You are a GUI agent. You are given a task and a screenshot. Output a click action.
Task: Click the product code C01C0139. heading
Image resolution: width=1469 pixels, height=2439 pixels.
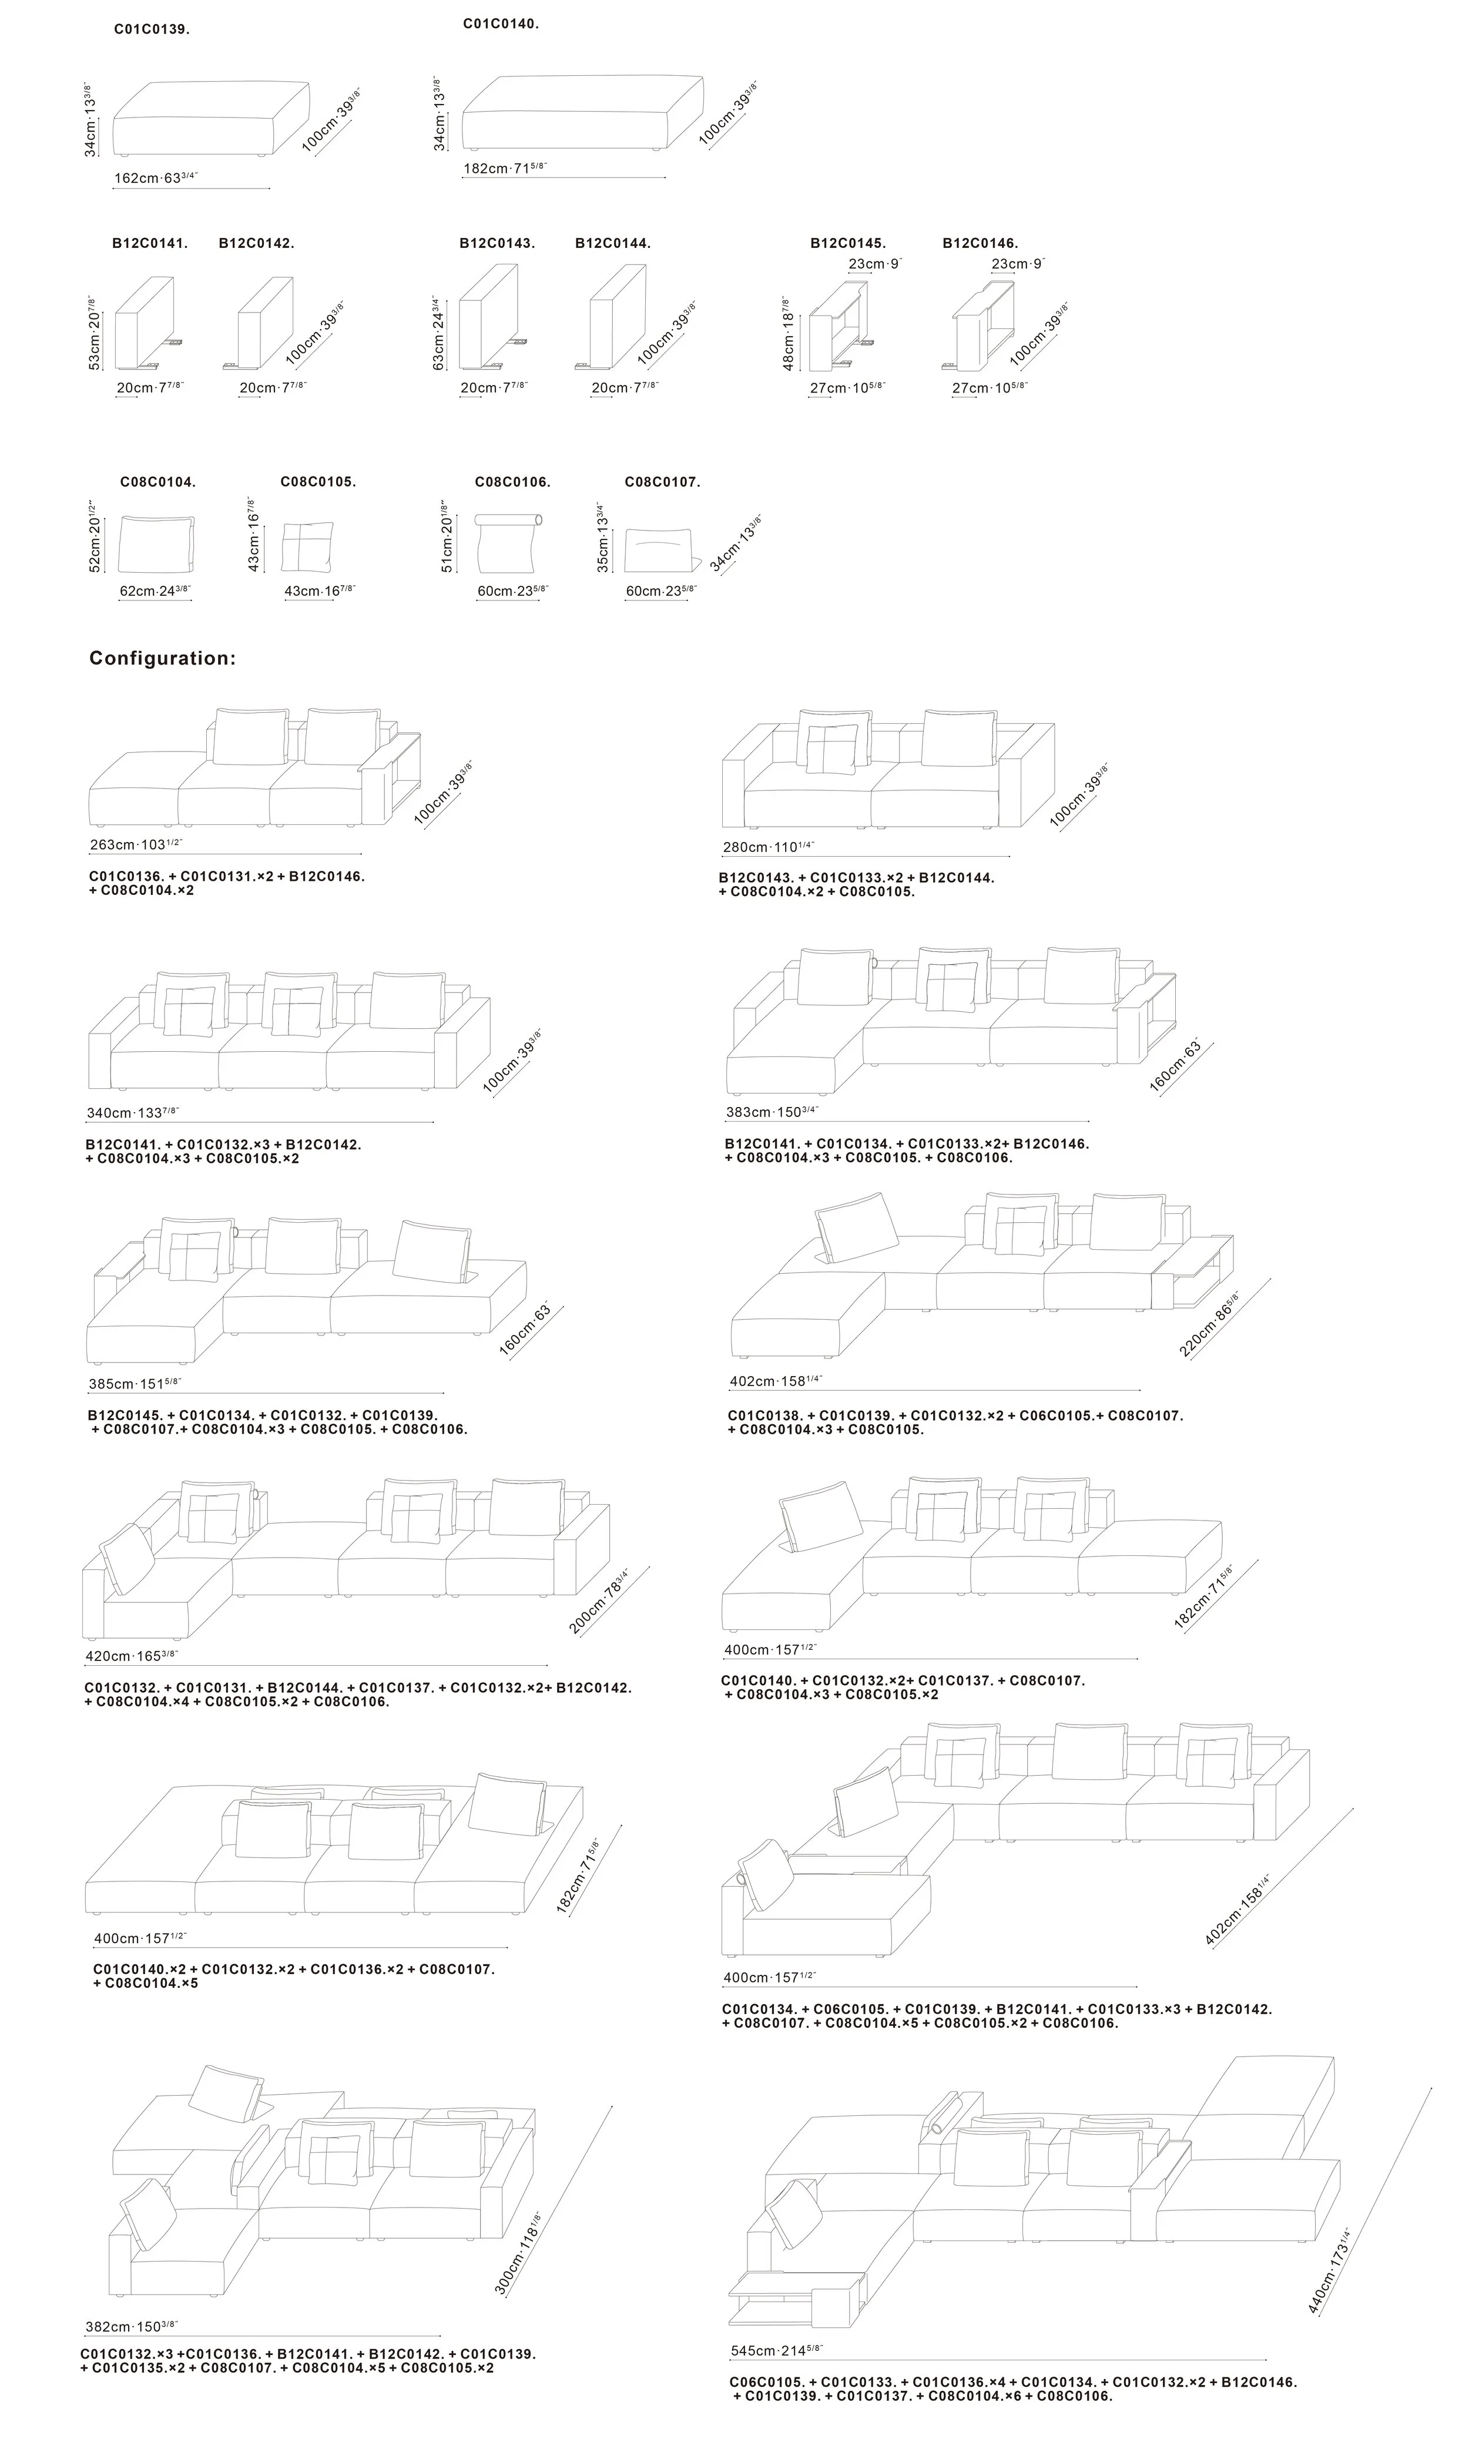[x=152, y=30]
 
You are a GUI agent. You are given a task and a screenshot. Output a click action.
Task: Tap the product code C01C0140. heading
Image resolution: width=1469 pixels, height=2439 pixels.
[x=501, y=24]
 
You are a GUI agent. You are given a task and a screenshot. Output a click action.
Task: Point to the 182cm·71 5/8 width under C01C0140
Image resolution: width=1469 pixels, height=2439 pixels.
[x=505, y=168]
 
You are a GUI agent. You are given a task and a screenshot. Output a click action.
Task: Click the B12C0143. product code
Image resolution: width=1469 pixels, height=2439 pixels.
[x=497, y=243]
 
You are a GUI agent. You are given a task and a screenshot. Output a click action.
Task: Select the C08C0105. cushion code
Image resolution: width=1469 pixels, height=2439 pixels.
[x=318, y=482]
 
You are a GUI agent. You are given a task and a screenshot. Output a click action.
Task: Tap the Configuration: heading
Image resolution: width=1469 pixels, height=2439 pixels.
[x=162, y=658]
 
